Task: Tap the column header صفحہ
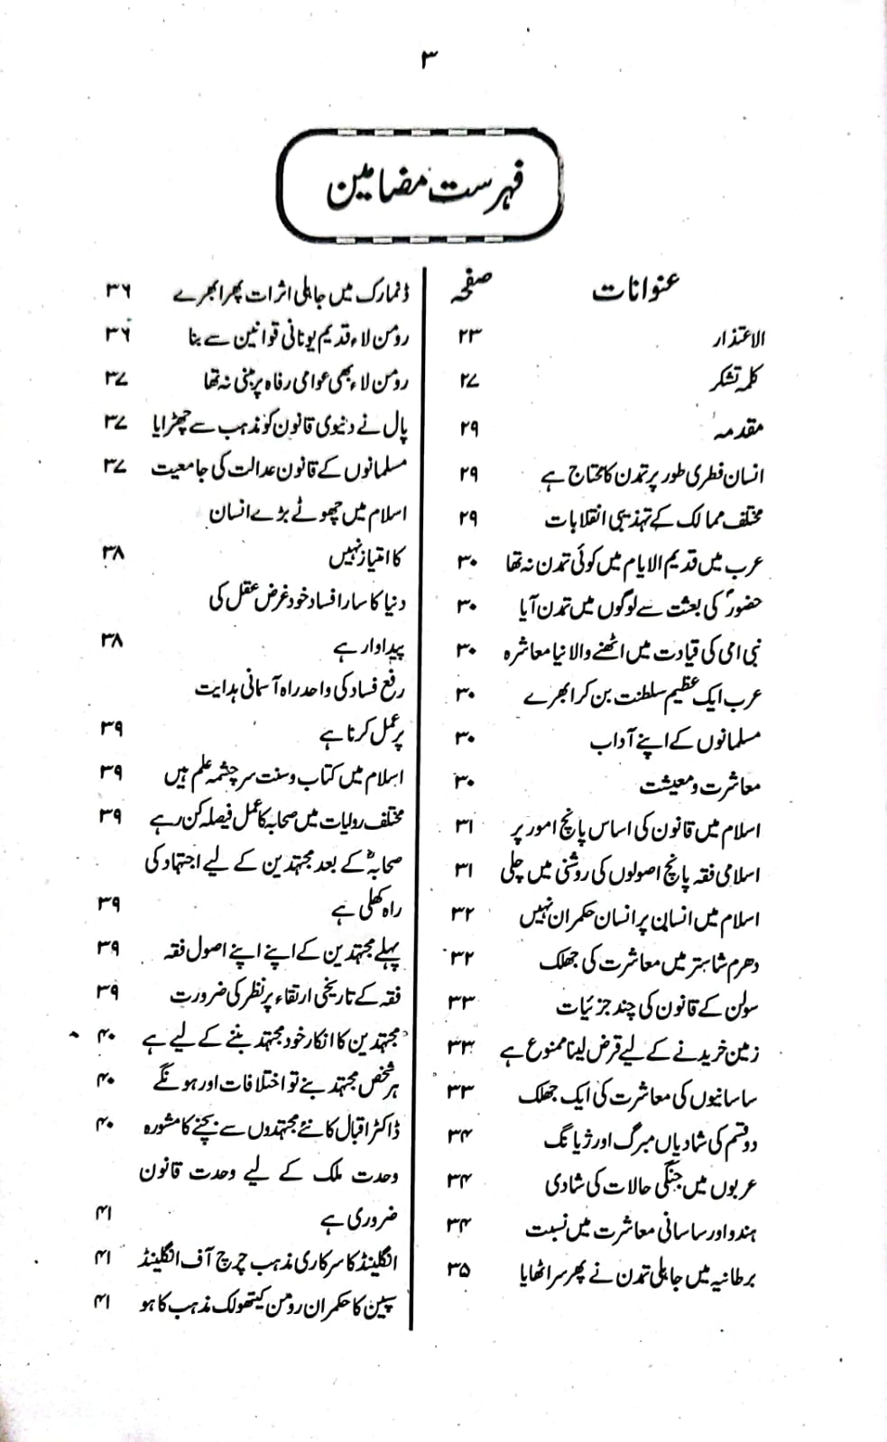(x=472, y=290)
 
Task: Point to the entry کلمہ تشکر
(x=735, y=381)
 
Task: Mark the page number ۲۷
(x=468, y=381)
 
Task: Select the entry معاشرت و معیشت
(x=700, y=785)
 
